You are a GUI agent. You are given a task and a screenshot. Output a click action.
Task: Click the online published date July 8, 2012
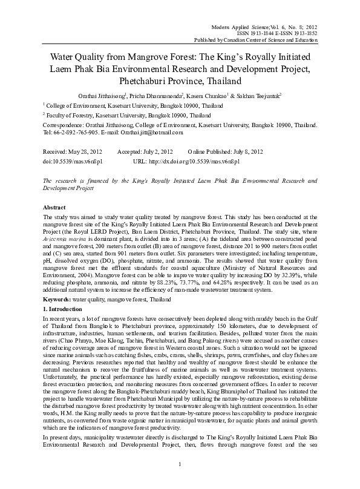tap(232, 151)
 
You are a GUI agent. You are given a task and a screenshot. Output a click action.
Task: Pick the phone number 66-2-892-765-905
tap(74, 132)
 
